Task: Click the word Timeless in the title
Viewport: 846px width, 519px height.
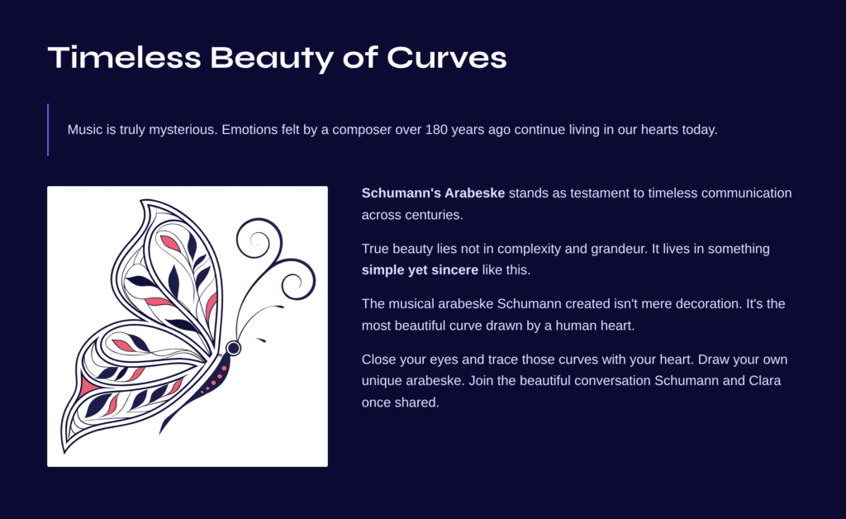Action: coord(125,57)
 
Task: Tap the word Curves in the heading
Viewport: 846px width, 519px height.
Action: coord(447,57)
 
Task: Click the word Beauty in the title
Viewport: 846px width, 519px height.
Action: coord(272,60)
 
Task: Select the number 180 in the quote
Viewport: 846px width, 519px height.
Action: coord(436,130)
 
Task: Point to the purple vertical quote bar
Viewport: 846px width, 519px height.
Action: coord(48,130)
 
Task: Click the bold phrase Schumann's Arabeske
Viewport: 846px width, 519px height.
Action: coord(433,193)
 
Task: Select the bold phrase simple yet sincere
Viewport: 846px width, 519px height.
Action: coord(420,270)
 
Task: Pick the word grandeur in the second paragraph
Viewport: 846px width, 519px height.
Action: coord(620,250)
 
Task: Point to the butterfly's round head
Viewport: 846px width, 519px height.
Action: coord(233,348)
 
